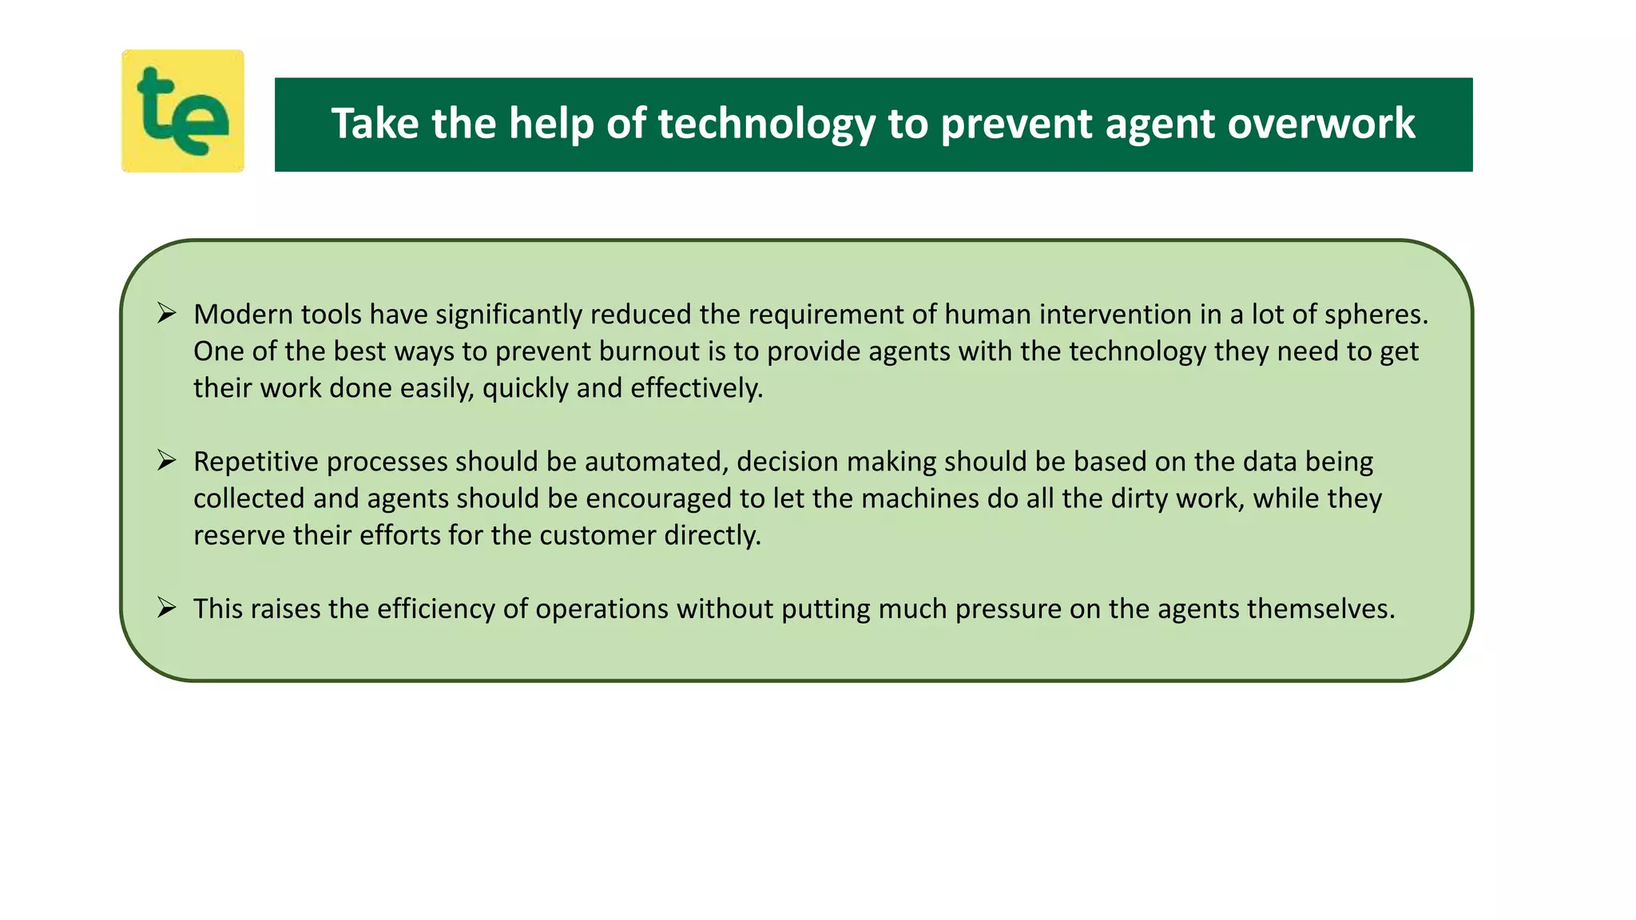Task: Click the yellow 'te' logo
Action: (182, 111)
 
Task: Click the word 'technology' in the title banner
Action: (766, 124)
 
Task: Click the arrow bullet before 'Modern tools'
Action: (166, 313)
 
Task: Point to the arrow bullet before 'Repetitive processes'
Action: (166, 460)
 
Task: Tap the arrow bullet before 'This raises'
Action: (166, 608)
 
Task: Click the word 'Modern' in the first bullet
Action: (243, 315)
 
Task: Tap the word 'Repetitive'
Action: (256, 462)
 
